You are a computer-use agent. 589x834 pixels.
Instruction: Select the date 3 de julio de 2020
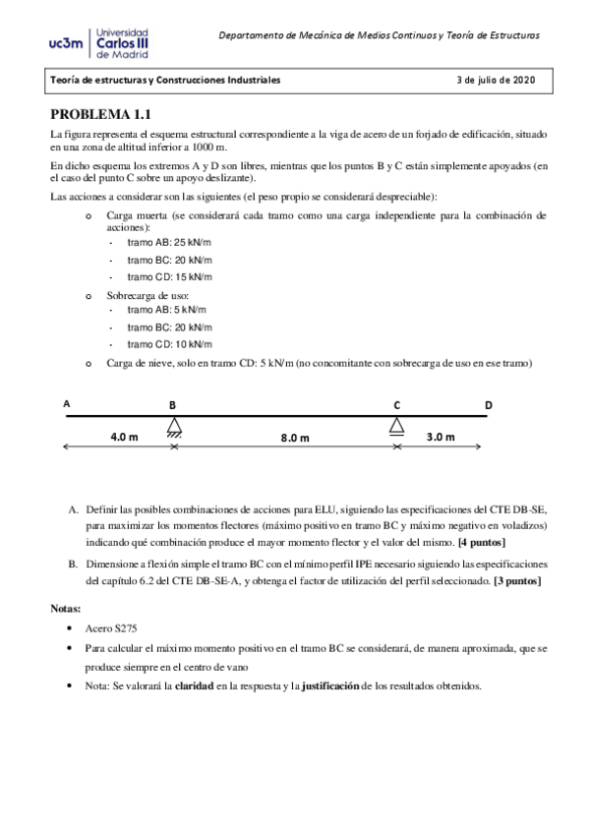497,80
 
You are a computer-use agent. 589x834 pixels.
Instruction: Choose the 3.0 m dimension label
439,436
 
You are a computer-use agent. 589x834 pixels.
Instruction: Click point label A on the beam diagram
67,403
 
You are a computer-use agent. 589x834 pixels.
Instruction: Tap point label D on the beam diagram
488,404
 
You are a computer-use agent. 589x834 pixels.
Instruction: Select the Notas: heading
68,608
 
